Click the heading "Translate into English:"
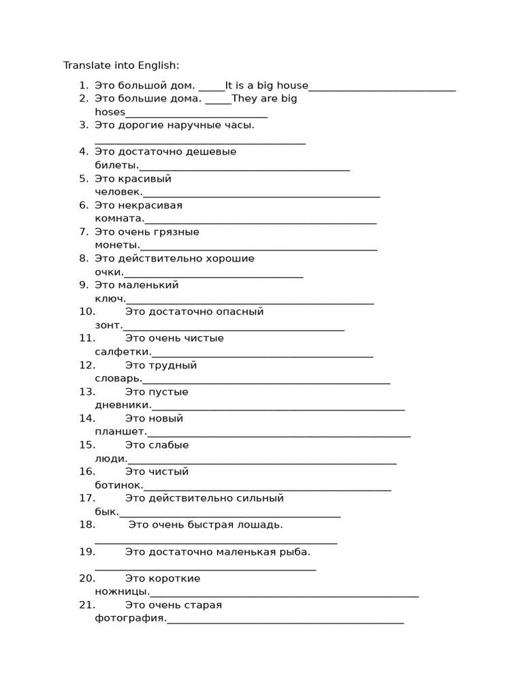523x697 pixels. [121, 65]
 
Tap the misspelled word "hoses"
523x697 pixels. [110, 112]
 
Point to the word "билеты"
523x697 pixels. [116, 165]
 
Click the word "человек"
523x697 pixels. [118, 192]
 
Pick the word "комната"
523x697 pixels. [118, 218]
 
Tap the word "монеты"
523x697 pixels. [116, 245]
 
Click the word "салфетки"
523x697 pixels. [122, 352]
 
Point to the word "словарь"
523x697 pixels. [117, 378]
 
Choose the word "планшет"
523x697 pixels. [120, 432]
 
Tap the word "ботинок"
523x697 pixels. [118, 485]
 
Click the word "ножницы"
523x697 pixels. [121, 591]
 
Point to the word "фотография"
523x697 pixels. [129, 618]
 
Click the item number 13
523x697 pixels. [86, 391]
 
